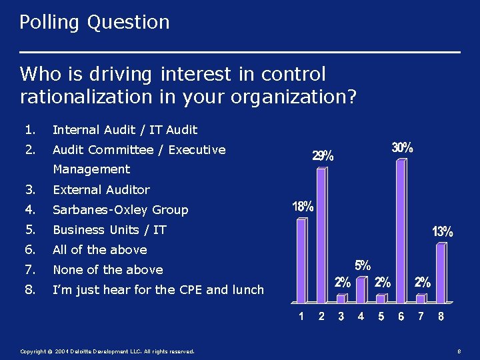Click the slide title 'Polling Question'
pos(94,23)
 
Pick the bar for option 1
pos(301,260)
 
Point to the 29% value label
pos(323,157)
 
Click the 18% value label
pos(303,207)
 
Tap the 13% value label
pos(443,232)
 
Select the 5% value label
pos(363,265)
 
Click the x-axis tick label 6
pos(401,317)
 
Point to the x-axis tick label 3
pos(341,317)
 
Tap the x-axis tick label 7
pos(421,317)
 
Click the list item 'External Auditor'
pos(101,190)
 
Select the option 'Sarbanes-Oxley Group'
pos(121,210)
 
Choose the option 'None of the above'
pos(108,270)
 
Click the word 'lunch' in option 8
pos(247,290)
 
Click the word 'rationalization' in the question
pos(87,97)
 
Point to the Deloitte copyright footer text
pos(107,351)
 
